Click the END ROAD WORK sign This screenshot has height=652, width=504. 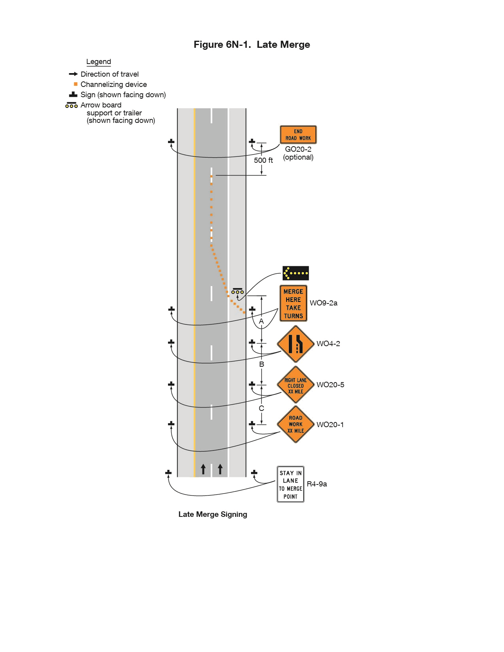(298, 135)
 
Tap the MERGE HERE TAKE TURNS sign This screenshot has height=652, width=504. (293, 303)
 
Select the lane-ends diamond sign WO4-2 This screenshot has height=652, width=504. (296, 344)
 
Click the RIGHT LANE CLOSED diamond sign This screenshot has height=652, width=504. (296, 384)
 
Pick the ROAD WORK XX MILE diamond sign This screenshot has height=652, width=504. (296, 424)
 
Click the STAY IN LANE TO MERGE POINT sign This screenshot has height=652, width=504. (290, 484)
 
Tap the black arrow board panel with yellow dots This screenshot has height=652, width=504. (295, 273)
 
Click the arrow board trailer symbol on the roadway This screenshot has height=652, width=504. (238, 291)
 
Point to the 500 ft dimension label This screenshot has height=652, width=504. (263, 160)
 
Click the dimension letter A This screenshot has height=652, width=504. (261, 321)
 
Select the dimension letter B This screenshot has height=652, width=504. (261, 364)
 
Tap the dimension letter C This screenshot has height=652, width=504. (261, 408)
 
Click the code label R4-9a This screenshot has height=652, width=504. (317, 484)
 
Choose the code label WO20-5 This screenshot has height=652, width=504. (330, 384)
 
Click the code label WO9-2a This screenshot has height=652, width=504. (324, 303)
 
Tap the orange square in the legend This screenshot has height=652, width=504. (76, 84)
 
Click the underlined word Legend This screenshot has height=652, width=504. (98, 62)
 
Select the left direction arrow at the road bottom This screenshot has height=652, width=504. (203, 469)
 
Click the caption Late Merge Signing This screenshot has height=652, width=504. (213, 514)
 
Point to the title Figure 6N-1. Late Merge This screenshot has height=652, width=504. (252, 44)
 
